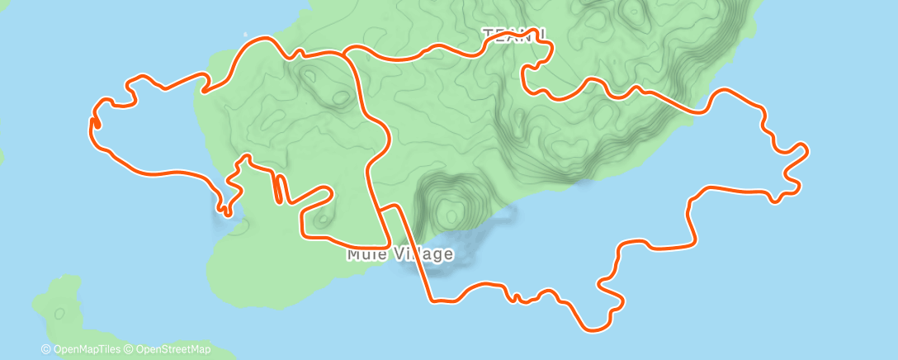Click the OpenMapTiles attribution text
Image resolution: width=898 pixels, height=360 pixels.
tap(90, 349)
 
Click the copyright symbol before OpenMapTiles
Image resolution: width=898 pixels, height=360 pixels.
tap(46, 349)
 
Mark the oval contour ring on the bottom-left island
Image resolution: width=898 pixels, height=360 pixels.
tap(59, 314)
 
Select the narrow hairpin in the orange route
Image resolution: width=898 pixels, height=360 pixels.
tap(279, 187)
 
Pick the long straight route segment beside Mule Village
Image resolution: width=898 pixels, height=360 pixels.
tap(414, 252)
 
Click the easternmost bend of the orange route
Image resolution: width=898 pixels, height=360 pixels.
tap(805, 150)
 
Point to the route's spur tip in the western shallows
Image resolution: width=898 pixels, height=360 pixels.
tap(225, 211)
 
